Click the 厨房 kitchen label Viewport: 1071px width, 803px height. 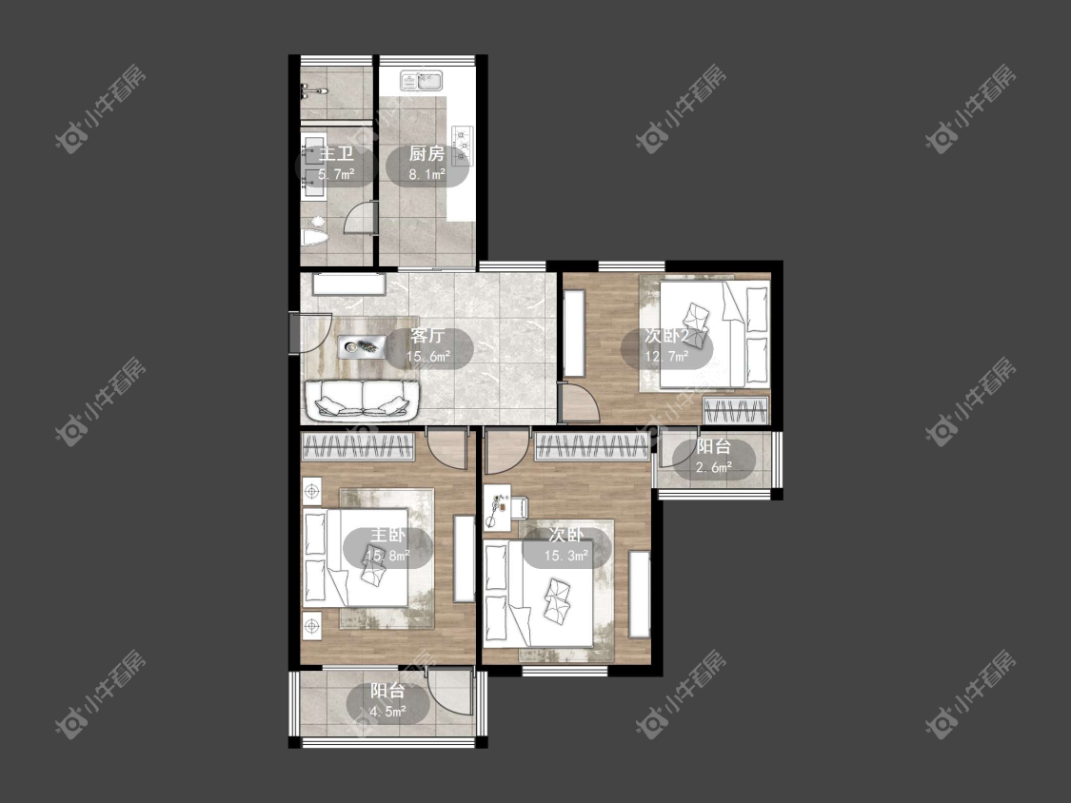pyautogui.click(x=426, y=154)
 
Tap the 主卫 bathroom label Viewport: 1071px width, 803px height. pyautogui.click(x=336, y=154)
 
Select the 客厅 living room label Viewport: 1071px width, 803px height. pyautogui.click(x=428, y=336)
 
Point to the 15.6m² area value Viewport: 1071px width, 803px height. pyautogui.click(x=428, y=357)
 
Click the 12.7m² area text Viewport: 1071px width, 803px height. pyautogui.click(x=666, y=356)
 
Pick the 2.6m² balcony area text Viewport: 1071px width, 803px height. pyautogui.click(x=714, y=468)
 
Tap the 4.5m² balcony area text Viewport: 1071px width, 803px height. pyautogui.click(x=388, y=713)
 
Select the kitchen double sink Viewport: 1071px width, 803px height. pyautogui.click(x=422, y=81)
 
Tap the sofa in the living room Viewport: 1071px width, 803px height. pyautogui.click(x=362, y=400)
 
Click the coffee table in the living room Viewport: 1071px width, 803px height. pyautogui.click(x=362, y=347)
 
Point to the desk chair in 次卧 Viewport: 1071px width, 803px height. pyautogui.click(x=517, y=509)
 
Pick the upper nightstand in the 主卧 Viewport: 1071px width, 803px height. pyautogui.click(x=312, y=490)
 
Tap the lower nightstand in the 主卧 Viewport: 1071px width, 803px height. pyautogui.click(x=312, y=624)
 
